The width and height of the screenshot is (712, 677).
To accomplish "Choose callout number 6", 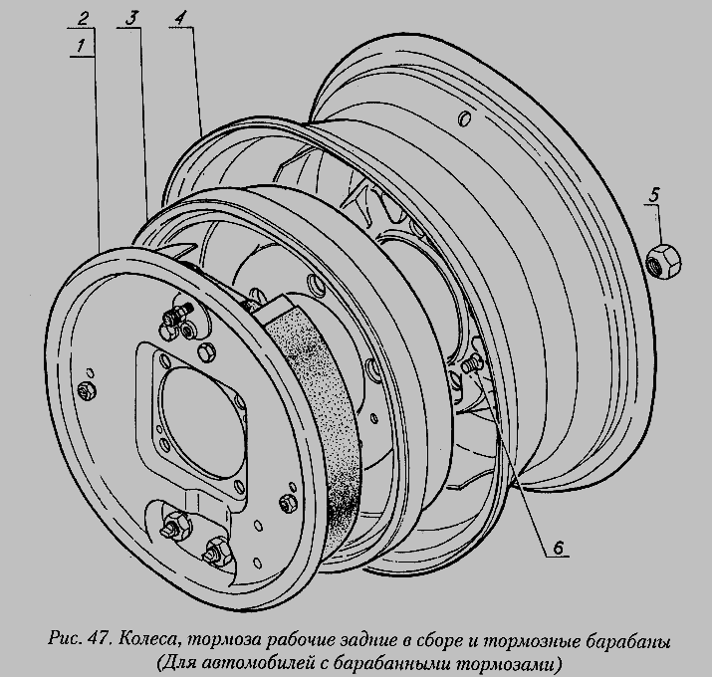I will coord(558,547).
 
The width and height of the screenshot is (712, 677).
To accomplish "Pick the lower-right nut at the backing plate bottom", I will coord(215,550).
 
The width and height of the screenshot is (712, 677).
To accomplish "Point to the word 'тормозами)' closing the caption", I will coord(517,661).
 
